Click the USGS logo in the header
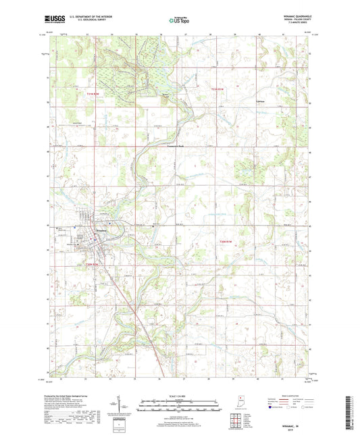click(x=54, y=20)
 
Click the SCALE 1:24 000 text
click(x=180, y=395)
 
